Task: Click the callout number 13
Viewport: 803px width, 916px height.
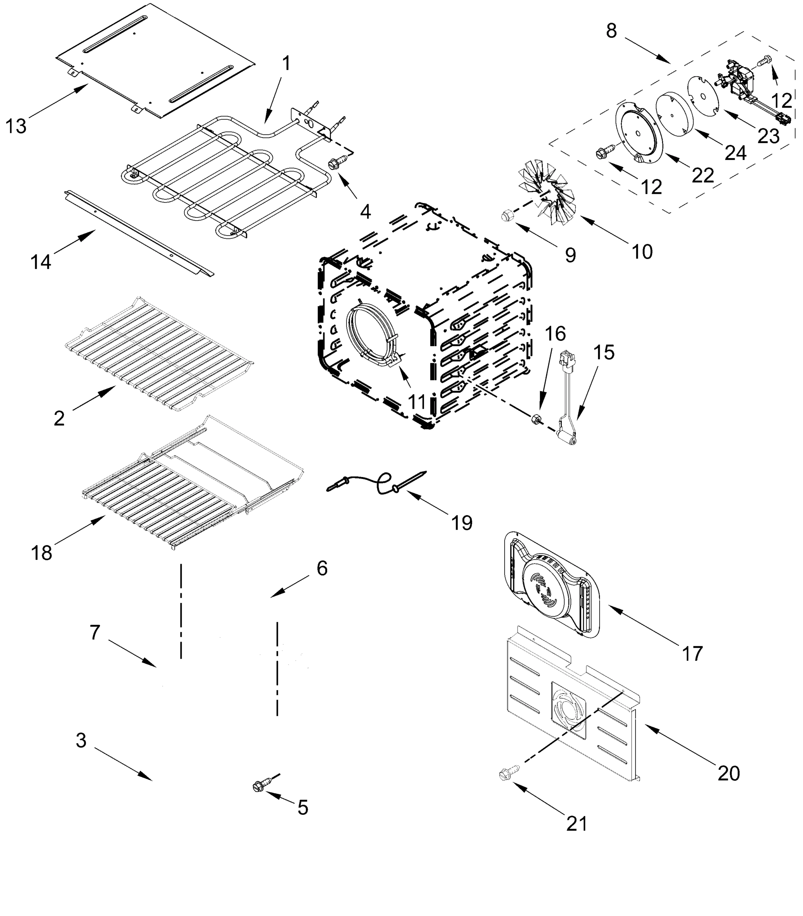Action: [x=16, y=126]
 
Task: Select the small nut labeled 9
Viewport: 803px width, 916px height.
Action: [x=506, y=216]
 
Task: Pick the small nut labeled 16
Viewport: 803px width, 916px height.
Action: [x=535, y=419]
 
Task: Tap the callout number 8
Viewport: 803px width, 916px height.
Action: [x=611, y=31]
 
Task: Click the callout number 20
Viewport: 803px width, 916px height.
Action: [x=729, y=773]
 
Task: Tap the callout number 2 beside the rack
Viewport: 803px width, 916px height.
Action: [x=59, y=418]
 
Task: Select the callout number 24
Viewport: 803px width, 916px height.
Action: [x=735, y=153]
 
